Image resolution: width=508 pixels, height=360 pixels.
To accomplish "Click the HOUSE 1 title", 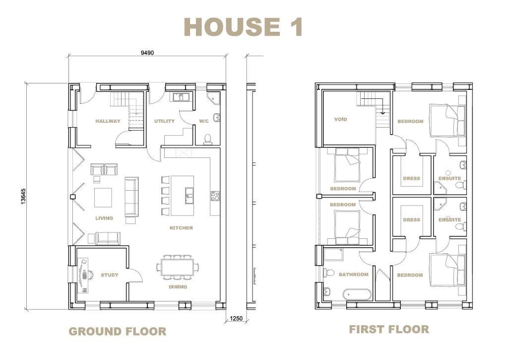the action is (x=243, y=27).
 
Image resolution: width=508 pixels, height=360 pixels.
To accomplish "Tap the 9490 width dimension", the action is (x=147, y=53).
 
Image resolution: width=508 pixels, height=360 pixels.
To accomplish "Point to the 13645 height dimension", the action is (x=23, y=197).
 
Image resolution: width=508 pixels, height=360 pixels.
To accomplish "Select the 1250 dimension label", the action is (x=236, y=318).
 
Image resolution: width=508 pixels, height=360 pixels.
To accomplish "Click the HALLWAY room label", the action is (x=108, y=121).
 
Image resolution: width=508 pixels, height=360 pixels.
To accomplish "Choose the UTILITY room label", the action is (x=164, y=121).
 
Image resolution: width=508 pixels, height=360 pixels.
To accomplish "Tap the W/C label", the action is (x=204, y=121).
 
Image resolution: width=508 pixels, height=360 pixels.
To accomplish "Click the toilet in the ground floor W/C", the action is (x=207, y=139).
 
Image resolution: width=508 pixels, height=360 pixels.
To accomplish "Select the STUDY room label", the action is (x=110, y=275).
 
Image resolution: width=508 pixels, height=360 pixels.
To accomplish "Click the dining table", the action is (x=178, y=267).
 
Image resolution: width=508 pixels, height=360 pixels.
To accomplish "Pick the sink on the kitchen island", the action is (x=190, y=196).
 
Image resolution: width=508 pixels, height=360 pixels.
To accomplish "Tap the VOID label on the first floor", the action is (x=340, y=119).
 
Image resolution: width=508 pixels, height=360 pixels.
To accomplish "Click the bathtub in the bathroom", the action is (x=357, y=294).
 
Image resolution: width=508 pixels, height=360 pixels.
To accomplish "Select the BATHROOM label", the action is (x=353, y=275).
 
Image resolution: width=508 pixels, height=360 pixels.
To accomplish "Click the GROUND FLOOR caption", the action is (x=118, y=332).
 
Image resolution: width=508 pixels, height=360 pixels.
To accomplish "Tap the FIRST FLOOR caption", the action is (x=389, y=329).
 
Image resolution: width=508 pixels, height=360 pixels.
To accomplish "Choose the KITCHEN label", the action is (x=181, y=228).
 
